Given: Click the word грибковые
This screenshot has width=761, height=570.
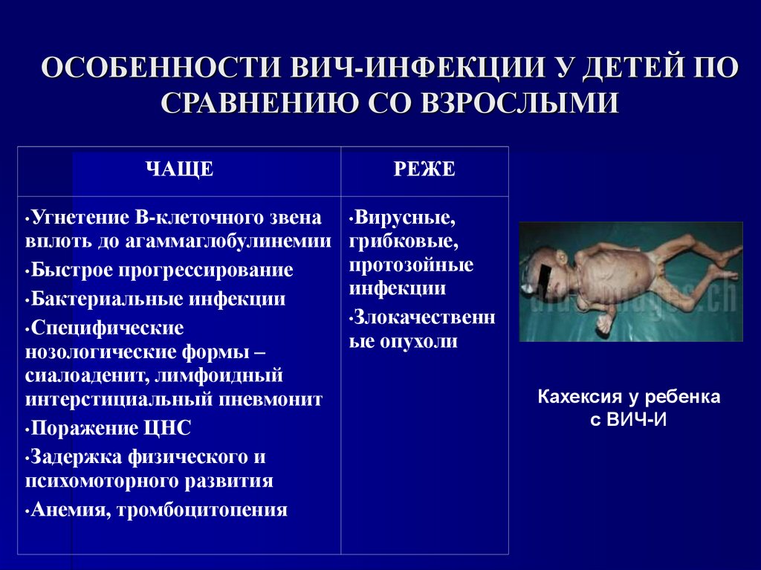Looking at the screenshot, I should [393, 242].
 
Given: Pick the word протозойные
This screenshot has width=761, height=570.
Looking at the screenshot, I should [411, 265].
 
